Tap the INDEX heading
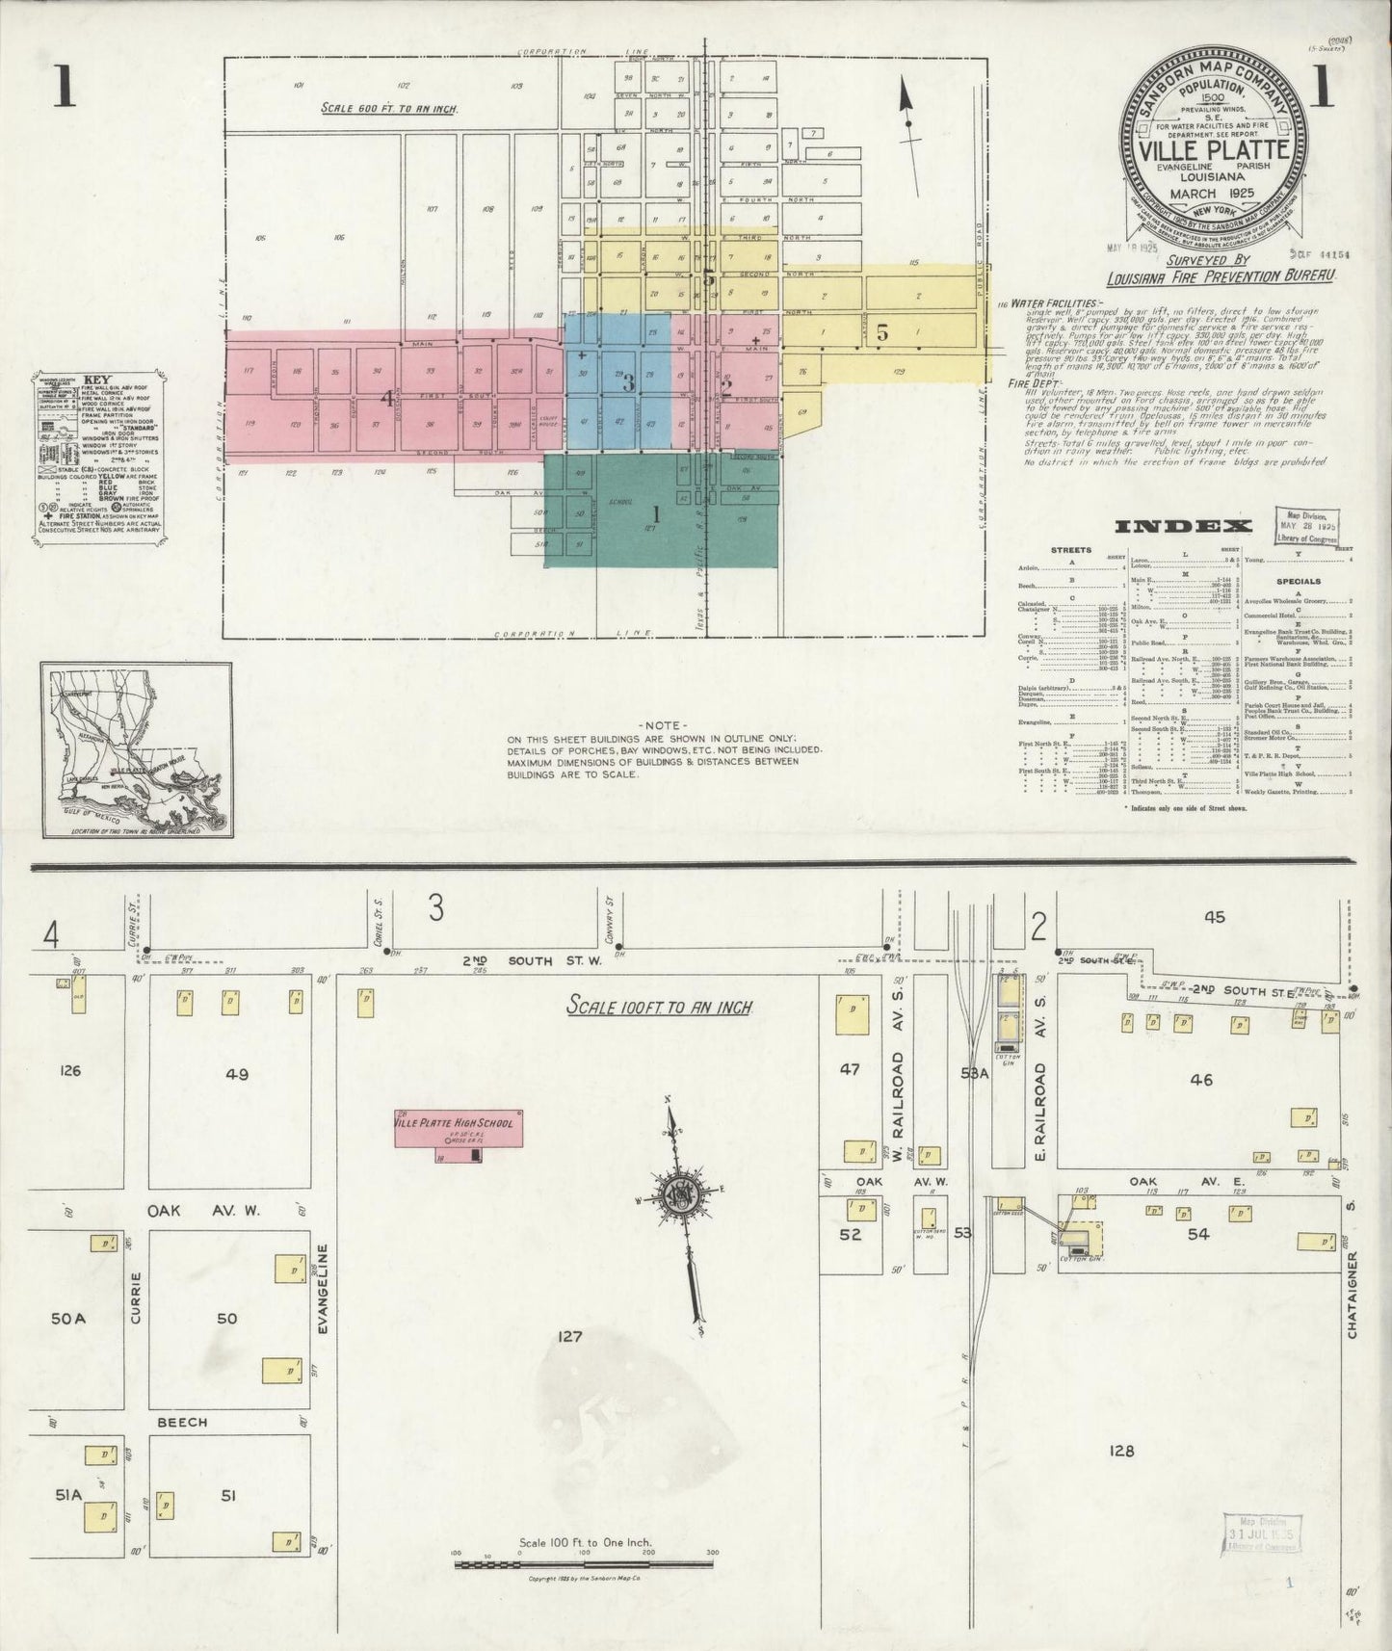(1183, 526)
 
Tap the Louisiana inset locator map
(137, 747)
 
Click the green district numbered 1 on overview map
(658, 512)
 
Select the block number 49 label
(237, 1073)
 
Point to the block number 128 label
(1122, 1452)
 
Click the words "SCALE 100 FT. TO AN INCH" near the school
(659, 1009)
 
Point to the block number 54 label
(1198, 1234)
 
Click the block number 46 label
(1201, 1080)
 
